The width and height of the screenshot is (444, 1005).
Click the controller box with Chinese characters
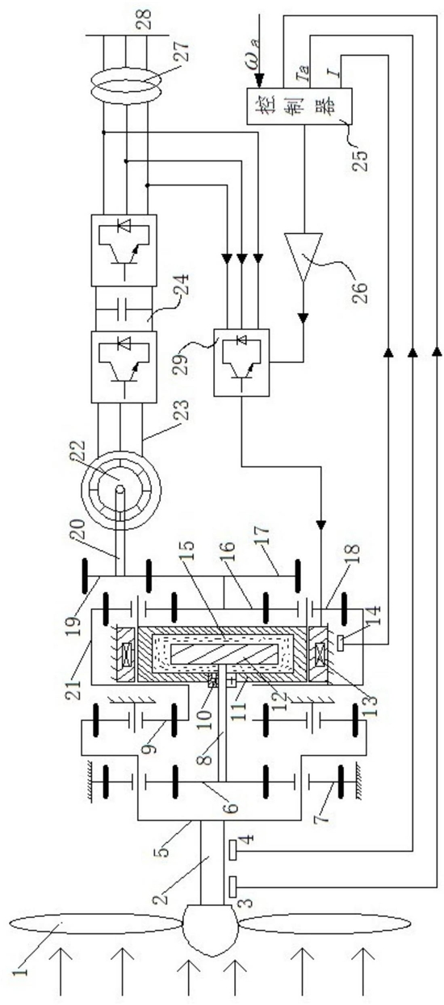(299, 106)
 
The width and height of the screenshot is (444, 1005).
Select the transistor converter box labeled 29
(241, 362)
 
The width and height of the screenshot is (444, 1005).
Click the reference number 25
(361, 159)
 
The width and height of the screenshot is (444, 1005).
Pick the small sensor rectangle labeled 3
(232, 886)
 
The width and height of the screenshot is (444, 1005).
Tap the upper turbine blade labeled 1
(94, 910)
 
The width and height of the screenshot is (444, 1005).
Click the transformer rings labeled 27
(126, 86)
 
